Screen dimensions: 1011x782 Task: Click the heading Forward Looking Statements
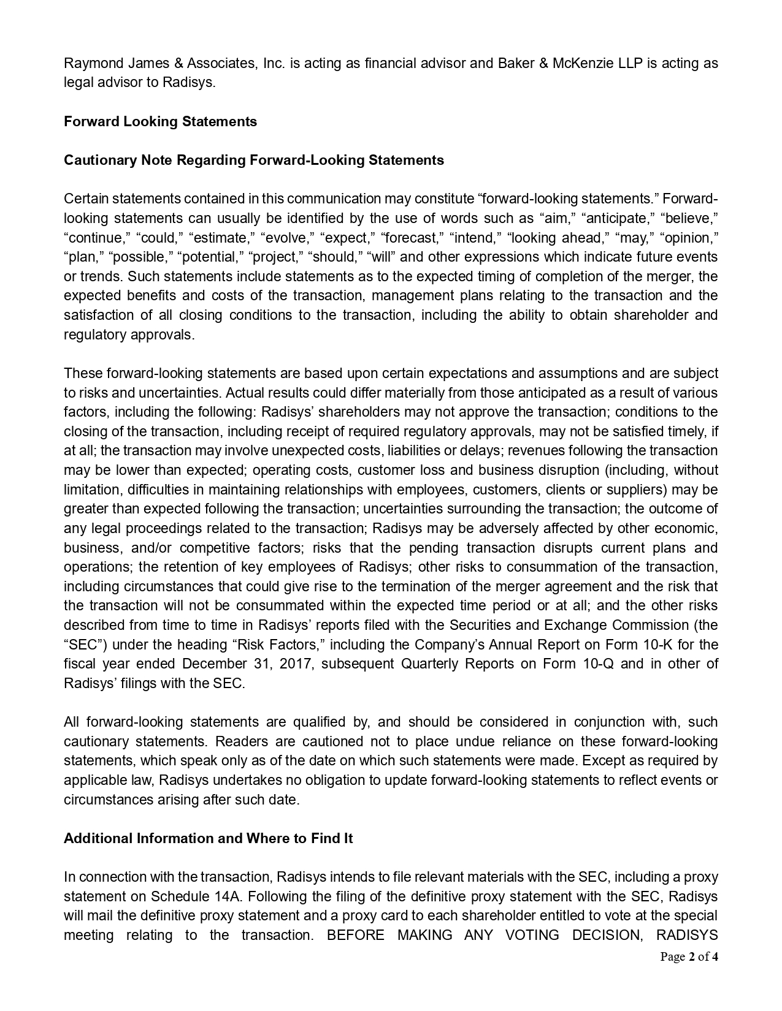(160, 121)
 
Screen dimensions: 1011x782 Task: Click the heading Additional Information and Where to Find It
(208, 838)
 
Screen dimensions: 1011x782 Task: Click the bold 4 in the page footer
(715, 957)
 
